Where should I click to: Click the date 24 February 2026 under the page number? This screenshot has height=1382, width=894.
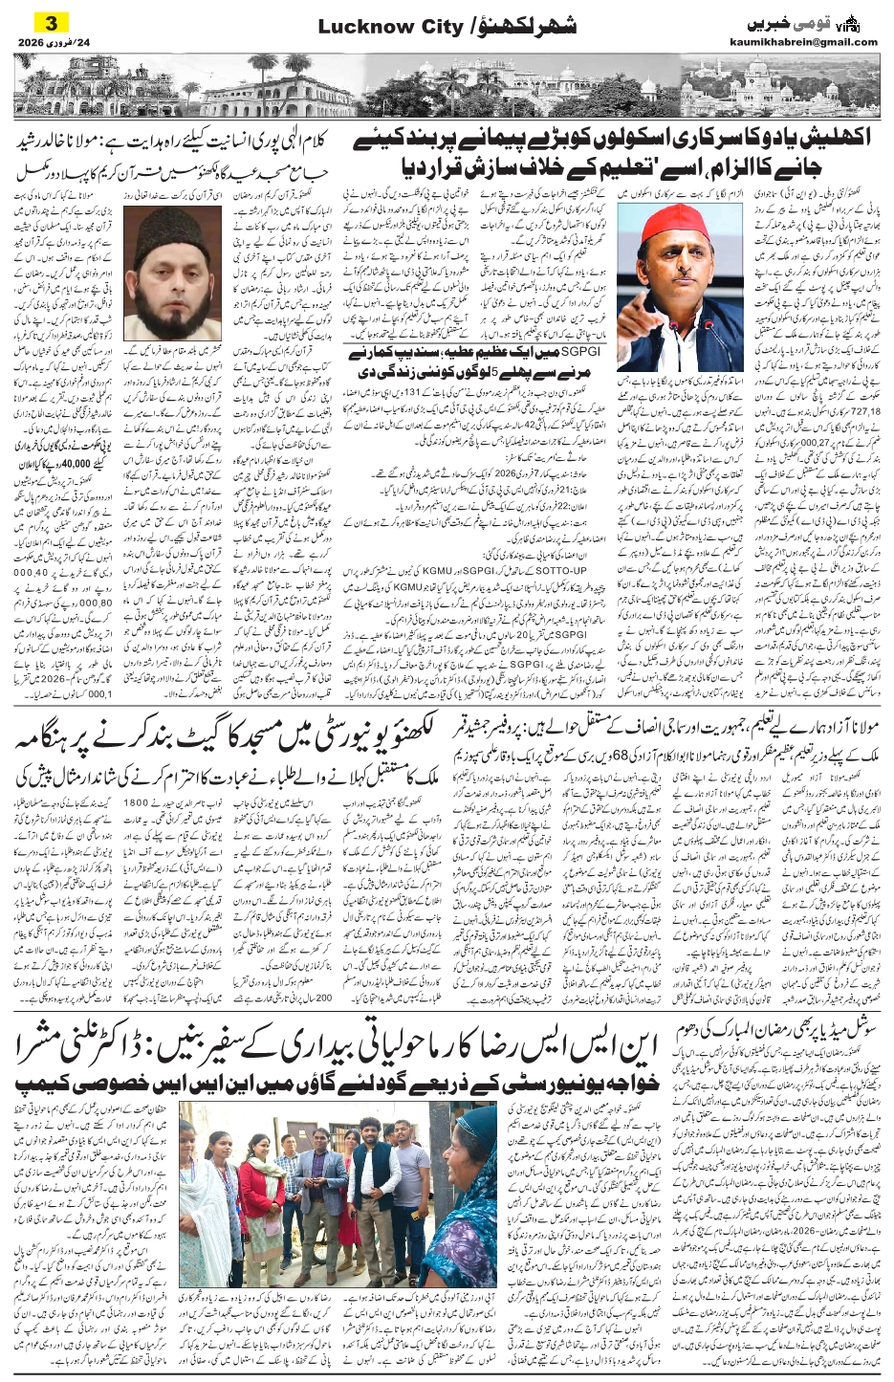click(50, 43)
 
